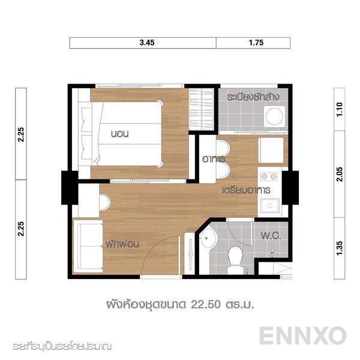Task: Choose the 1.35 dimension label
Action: click(340, 247)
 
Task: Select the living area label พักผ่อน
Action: click(124, 245)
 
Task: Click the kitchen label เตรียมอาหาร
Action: click(245, 190)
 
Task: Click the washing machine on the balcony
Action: click(275, 116)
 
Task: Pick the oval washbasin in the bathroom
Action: click(208, 238)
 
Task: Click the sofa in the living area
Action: click(88, 246)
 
